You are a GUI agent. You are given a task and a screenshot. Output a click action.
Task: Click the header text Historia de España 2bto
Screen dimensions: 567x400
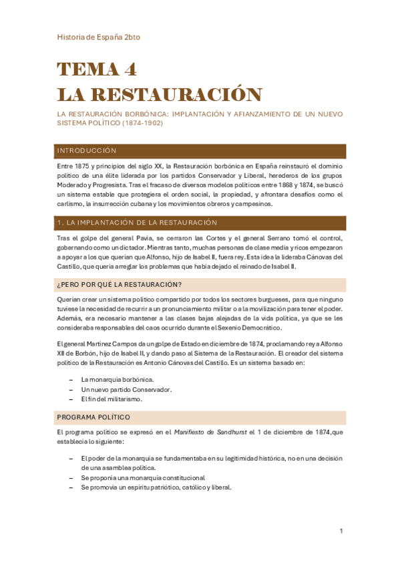tap(98, 37)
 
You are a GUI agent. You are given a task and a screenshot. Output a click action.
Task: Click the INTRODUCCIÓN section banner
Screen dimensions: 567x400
tap(87, 151)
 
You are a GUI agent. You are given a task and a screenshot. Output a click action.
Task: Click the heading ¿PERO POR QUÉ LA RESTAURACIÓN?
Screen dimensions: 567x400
tap(120, 285)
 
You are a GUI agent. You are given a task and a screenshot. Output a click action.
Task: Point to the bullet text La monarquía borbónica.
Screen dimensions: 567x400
tap(112, 379)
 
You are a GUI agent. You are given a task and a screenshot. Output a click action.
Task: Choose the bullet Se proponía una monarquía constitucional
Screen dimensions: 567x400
tap(142, 477)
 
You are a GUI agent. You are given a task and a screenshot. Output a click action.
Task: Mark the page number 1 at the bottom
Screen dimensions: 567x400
tap(341, 532)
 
